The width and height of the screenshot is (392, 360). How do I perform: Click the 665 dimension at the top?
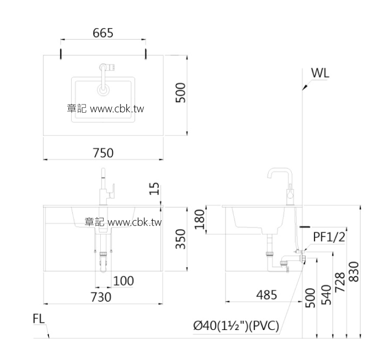tap(103, 33)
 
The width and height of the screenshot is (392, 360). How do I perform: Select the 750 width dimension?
tap(103, 153)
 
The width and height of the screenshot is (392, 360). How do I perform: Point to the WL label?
tap(320, 73)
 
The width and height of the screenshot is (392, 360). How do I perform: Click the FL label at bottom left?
tap(39, 319)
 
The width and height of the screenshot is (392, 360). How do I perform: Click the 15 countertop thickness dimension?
tap(154, 189)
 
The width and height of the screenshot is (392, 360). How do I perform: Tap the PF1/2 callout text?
tap(329, 237)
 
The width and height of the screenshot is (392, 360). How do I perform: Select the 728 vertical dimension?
tap(340, 283)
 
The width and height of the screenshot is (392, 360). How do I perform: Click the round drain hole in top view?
tap(104, 90)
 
